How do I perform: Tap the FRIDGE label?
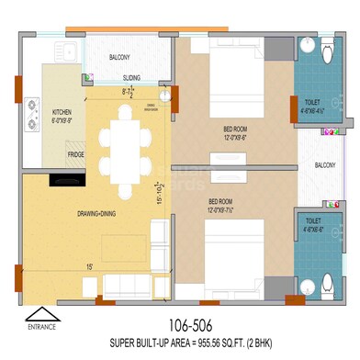(x=76, y=154)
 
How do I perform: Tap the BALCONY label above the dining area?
(x=119, y=57)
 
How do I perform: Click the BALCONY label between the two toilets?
(x=324, y=165)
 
